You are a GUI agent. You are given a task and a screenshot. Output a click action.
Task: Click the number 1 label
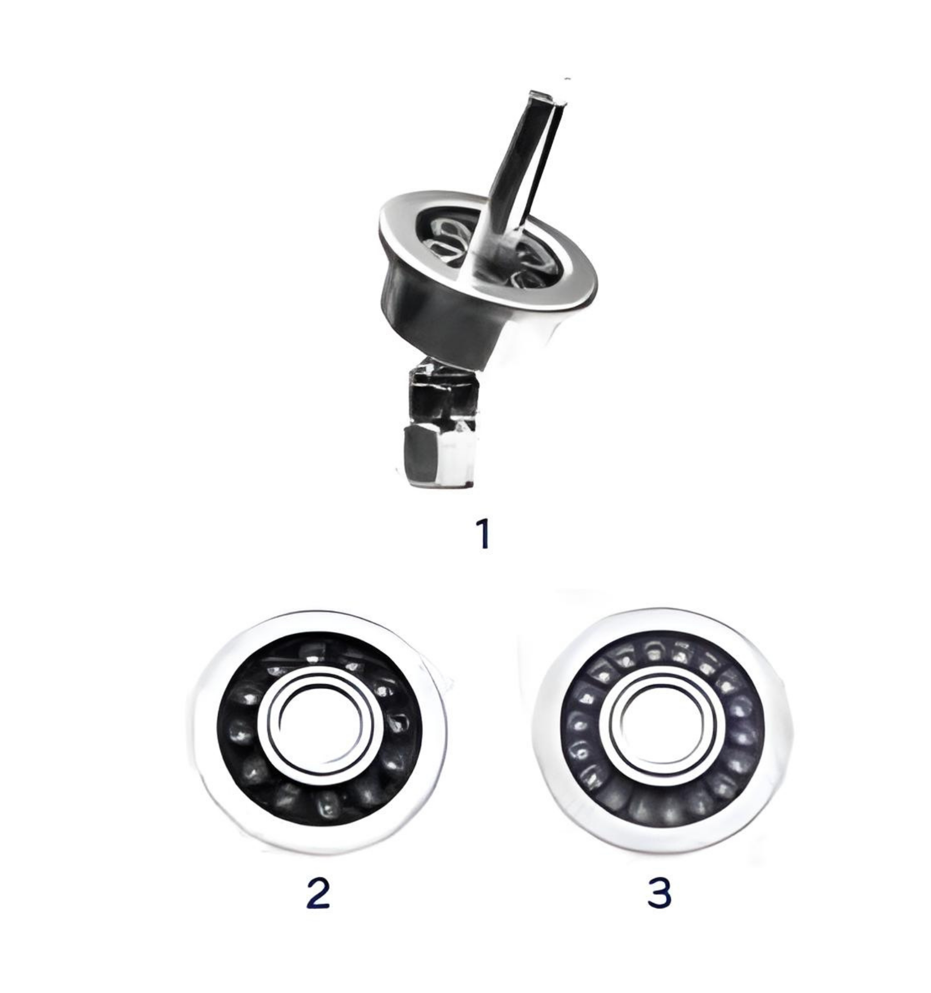(x=483, y=533)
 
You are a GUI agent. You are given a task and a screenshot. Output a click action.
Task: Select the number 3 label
(x=659, y=893)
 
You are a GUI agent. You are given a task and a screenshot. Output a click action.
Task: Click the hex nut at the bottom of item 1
(x=438, y=455)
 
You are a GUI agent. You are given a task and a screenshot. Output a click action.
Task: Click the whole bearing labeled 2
(x=320, y=731)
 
